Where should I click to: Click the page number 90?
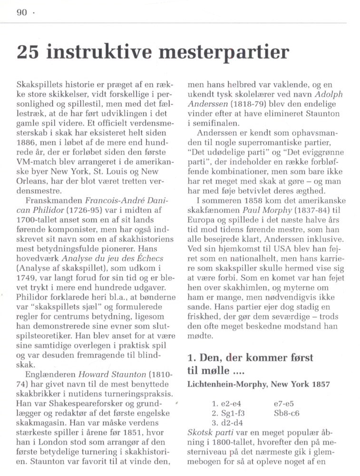(x=22, y=13)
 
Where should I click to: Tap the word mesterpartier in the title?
(x=224, y=52)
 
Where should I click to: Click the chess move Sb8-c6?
(x=287, y=413)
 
